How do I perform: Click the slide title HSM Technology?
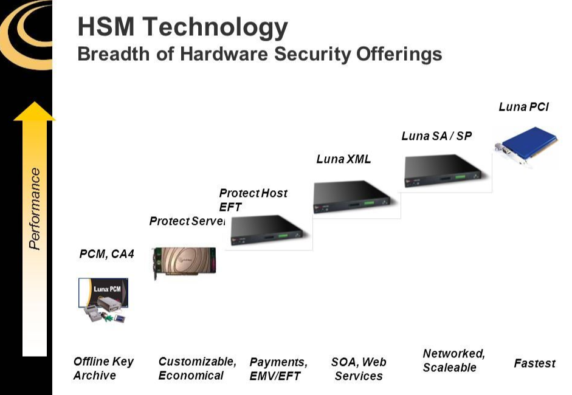point(182,27)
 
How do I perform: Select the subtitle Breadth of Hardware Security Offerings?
point(260,54)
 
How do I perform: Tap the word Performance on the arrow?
point(35,208)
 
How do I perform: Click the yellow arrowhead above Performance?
point(35,112)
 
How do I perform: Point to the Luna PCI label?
point(523,107)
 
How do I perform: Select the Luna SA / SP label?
point(436,136)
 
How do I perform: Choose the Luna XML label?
point(343,160)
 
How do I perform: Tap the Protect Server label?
point(187,221)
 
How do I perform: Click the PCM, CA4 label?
point(106,255)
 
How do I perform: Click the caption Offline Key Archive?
point(103,368)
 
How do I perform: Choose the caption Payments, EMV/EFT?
point(278,369)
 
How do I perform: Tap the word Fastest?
point(534,363)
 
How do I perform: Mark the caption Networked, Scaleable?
point(453,360)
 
